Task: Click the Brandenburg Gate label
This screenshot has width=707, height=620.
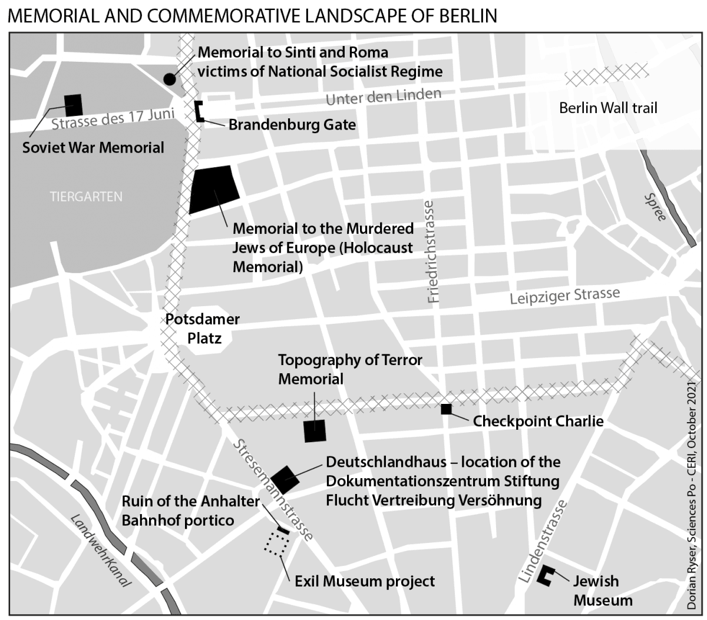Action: (x=292, y=125)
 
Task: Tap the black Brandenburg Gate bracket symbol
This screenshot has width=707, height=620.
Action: (x=199, y=111)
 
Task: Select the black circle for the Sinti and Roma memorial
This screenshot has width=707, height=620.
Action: (x=170, y=79)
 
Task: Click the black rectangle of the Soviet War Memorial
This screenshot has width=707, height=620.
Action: (x=74, y=105)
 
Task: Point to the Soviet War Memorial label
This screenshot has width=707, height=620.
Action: (x=93, y=147)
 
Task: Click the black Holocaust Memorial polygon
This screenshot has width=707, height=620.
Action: (x=214, y=188)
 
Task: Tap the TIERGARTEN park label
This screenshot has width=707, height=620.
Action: (x=86, y=197)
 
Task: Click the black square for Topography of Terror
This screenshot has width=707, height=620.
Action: (x=315, y=431)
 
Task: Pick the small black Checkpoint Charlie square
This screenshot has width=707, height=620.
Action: (x=446, y=409)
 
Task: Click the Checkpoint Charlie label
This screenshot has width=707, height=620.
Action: (x=538, y=421)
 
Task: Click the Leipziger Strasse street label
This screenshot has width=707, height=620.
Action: (x=564, y=296)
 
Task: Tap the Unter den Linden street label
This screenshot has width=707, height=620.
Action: (x=383, y=97)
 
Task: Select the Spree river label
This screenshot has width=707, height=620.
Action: (x=655, y=207)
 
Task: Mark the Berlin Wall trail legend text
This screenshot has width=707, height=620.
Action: (x=608, y=108)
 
